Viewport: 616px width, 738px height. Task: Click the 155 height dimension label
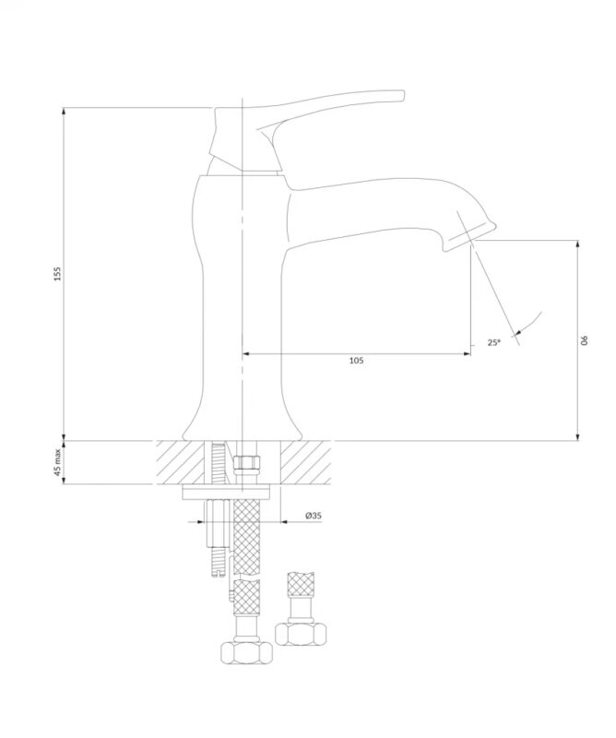(x=57, y=273)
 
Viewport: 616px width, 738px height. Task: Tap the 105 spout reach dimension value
(x=356, y=361)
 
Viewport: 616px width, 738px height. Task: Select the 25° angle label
(x=493, y=342)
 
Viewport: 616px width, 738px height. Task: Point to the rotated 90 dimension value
(x=585, y=339)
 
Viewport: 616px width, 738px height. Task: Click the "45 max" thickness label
(x=57, y=462)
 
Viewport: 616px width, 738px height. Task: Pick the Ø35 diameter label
(x=314, y=516)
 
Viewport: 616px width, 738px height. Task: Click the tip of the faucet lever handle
(x=402, y=95)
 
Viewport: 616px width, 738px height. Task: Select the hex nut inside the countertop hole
(x=246, y=462)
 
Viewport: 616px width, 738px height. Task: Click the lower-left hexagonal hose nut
(x=246, y=651)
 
